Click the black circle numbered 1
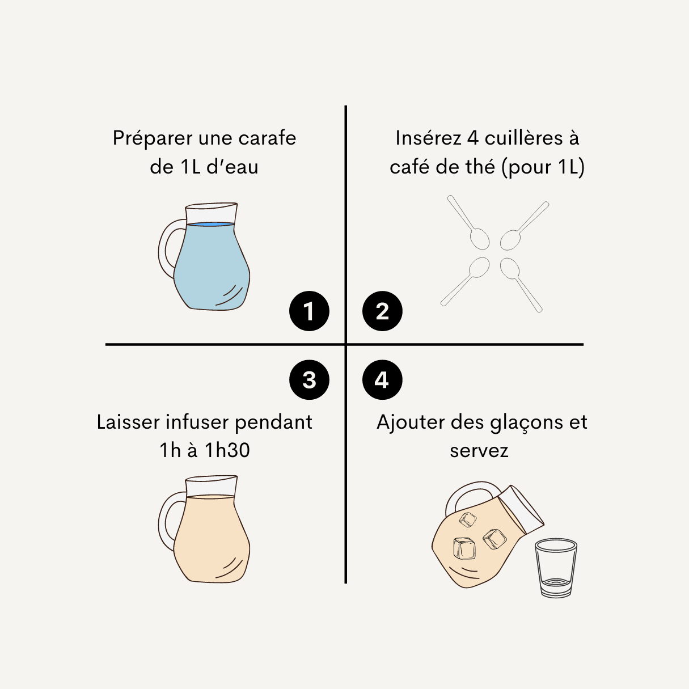[x=309, y=311]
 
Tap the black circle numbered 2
[x=382, y=311]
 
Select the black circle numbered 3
[x=309, y=380]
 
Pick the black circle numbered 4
[x=382, y=380]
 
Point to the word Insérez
[x=428, y=138]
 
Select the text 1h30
[x=227, y=450]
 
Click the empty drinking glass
[x=556, y=568]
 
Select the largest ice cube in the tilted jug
[x=464, y=548]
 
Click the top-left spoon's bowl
[x=480, y=239]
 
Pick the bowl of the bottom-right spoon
[x=509, y=268]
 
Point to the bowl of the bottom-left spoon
[x=479, y=268]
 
